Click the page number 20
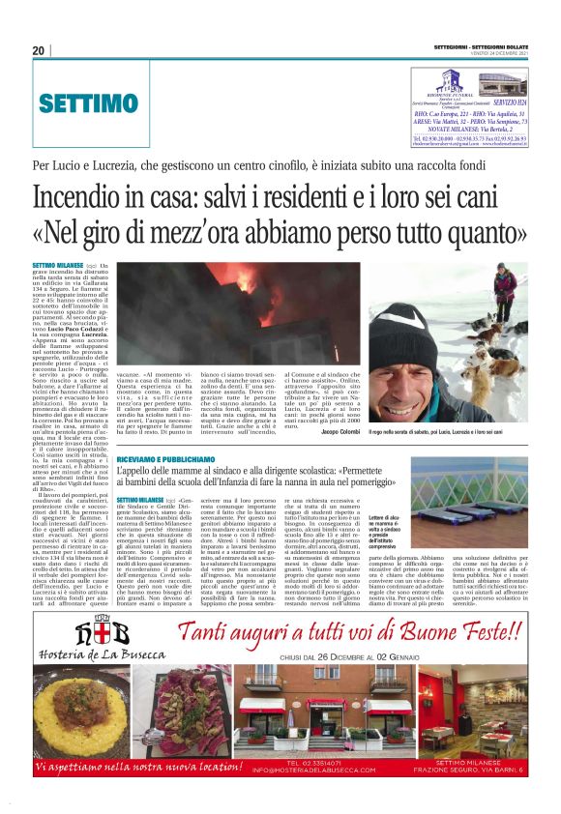(x=39, y=50)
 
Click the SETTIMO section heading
(x=89, y=102)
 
